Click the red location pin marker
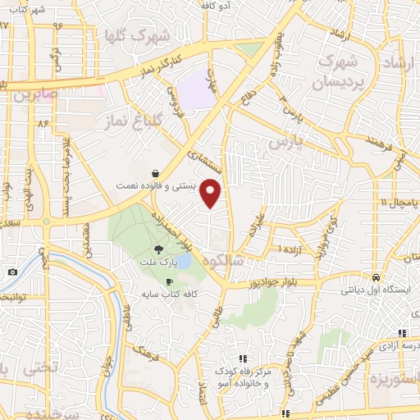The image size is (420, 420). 212,193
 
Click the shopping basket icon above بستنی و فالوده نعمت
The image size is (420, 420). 155,173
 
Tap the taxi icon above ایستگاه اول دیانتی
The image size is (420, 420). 375,276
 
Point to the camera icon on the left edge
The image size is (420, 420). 11,272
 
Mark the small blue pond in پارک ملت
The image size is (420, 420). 185,261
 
